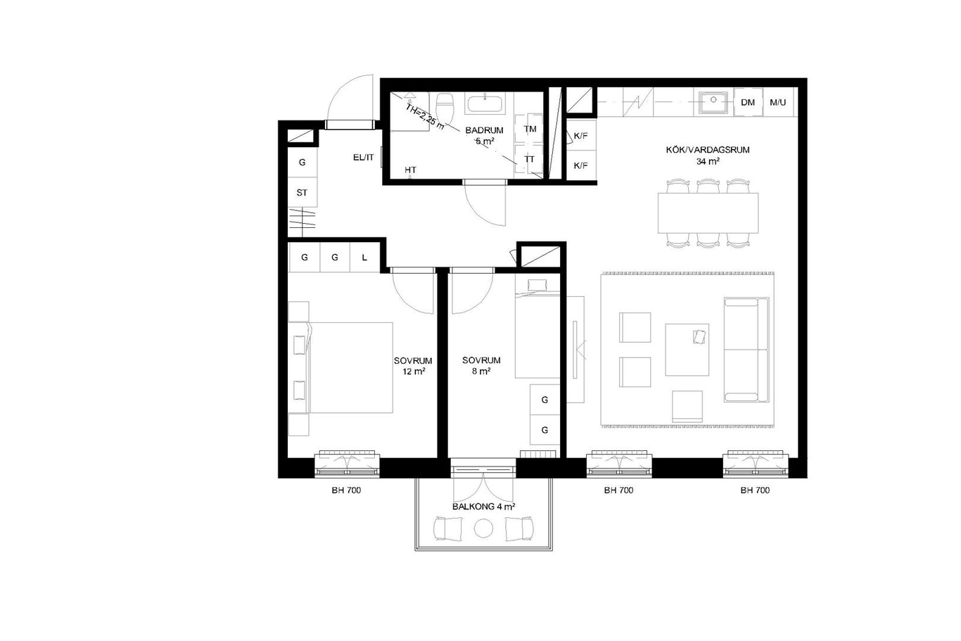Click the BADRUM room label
484,130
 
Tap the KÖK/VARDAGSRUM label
708,150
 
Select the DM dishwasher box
748,102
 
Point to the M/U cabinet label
778,102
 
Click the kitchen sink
713,103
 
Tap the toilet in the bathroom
445,107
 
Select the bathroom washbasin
485,103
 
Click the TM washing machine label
530,129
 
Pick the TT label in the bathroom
530,159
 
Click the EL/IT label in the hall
364,158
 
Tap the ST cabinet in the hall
303,192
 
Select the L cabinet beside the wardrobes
364,258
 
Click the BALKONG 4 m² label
483,507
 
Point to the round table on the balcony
483,528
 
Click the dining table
708,213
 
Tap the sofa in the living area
746,350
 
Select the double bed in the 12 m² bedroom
350,368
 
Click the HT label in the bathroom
410,170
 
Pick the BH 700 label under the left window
346,490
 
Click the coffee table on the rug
687,350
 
